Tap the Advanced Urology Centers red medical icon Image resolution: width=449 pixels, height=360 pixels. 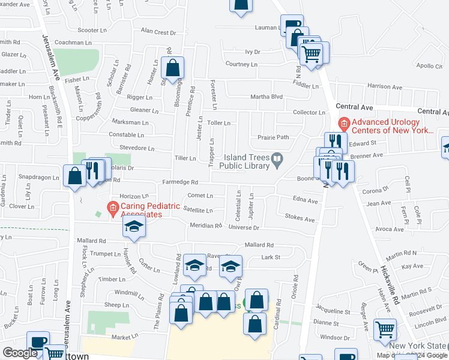344,125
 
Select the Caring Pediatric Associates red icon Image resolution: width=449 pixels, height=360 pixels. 112,209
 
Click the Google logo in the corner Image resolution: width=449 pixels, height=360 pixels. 20,353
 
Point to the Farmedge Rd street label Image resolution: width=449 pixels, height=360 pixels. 179,182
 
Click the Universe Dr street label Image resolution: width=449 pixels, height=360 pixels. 243,228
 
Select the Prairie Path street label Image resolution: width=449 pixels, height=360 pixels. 273,137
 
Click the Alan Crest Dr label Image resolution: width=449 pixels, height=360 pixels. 158,32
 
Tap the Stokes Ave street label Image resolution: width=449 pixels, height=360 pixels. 300,219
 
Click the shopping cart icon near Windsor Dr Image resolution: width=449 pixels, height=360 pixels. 385,329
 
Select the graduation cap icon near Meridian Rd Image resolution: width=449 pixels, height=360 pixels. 134,226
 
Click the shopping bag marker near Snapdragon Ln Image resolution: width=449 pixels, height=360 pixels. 74,176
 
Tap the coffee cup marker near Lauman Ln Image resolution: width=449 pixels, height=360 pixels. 292,25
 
